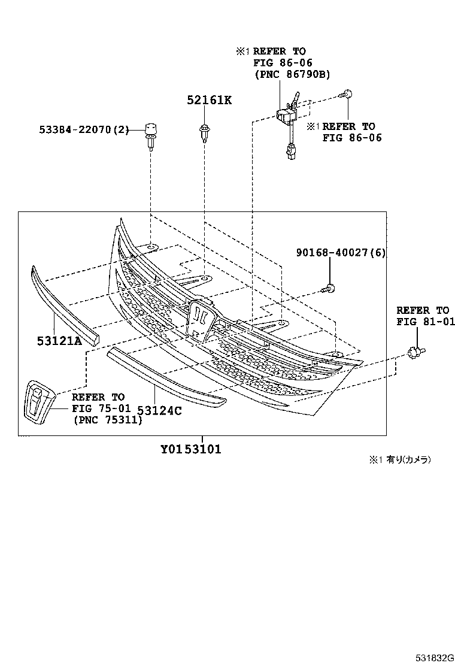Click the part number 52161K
[x=208, y=100]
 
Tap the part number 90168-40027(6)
[x=341, y=253]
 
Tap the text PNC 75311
[x=108, y=420]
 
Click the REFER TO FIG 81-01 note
[x=425, y=316]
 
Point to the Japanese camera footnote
[x=399, y=460]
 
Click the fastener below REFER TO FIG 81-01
[x=414, y=353]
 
